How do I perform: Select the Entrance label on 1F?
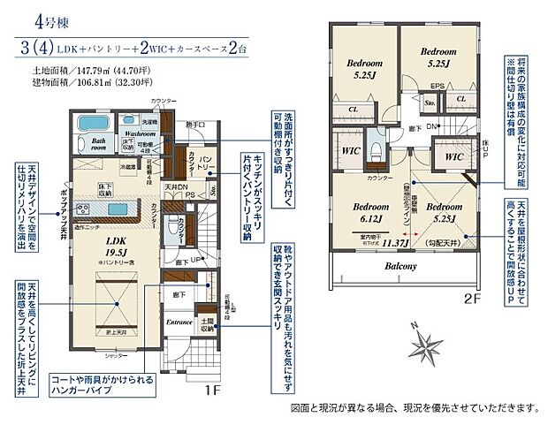[x=179, y=323]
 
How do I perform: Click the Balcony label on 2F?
[x=407, y=264]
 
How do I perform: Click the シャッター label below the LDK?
[x=112, y=356]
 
